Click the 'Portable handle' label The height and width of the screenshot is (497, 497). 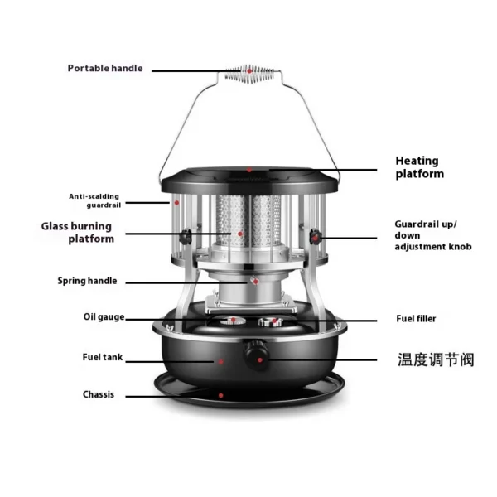(x=105, y=68)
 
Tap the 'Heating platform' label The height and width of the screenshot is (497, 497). (x=419, y=167)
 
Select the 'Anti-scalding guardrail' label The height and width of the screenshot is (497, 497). (x=94, y=200)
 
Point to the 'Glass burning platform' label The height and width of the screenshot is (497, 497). (x=77, y=232)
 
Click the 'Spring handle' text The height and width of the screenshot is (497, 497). (x=87, y=281)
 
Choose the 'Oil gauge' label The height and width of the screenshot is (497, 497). (x=104, y=317)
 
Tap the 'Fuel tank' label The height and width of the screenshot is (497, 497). (x=103, y=357)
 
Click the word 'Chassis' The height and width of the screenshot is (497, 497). (x=99, y=394)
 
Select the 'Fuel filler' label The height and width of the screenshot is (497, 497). (x=416, y=319)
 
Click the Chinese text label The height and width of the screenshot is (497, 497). (x=436, y=359)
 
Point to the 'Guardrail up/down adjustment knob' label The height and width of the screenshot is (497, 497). (x=433, y=235)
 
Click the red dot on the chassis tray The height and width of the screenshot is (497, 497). (x=221, y=395)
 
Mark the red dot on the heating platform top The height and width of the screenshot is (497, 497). (x=249, y=170)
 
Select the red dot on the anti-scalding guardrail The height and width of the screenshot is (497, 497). (x=177, y=203)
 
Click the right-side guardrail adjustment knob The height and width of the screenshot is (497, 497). (x=316, y=237)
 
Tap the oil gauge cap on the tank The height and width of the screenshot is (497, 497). (x=233, y=321)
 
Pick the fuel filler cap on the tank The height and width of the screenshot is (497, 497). (x=271, y=321)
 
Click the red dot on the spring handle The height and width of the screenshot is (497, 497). (x=256, y=282)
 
